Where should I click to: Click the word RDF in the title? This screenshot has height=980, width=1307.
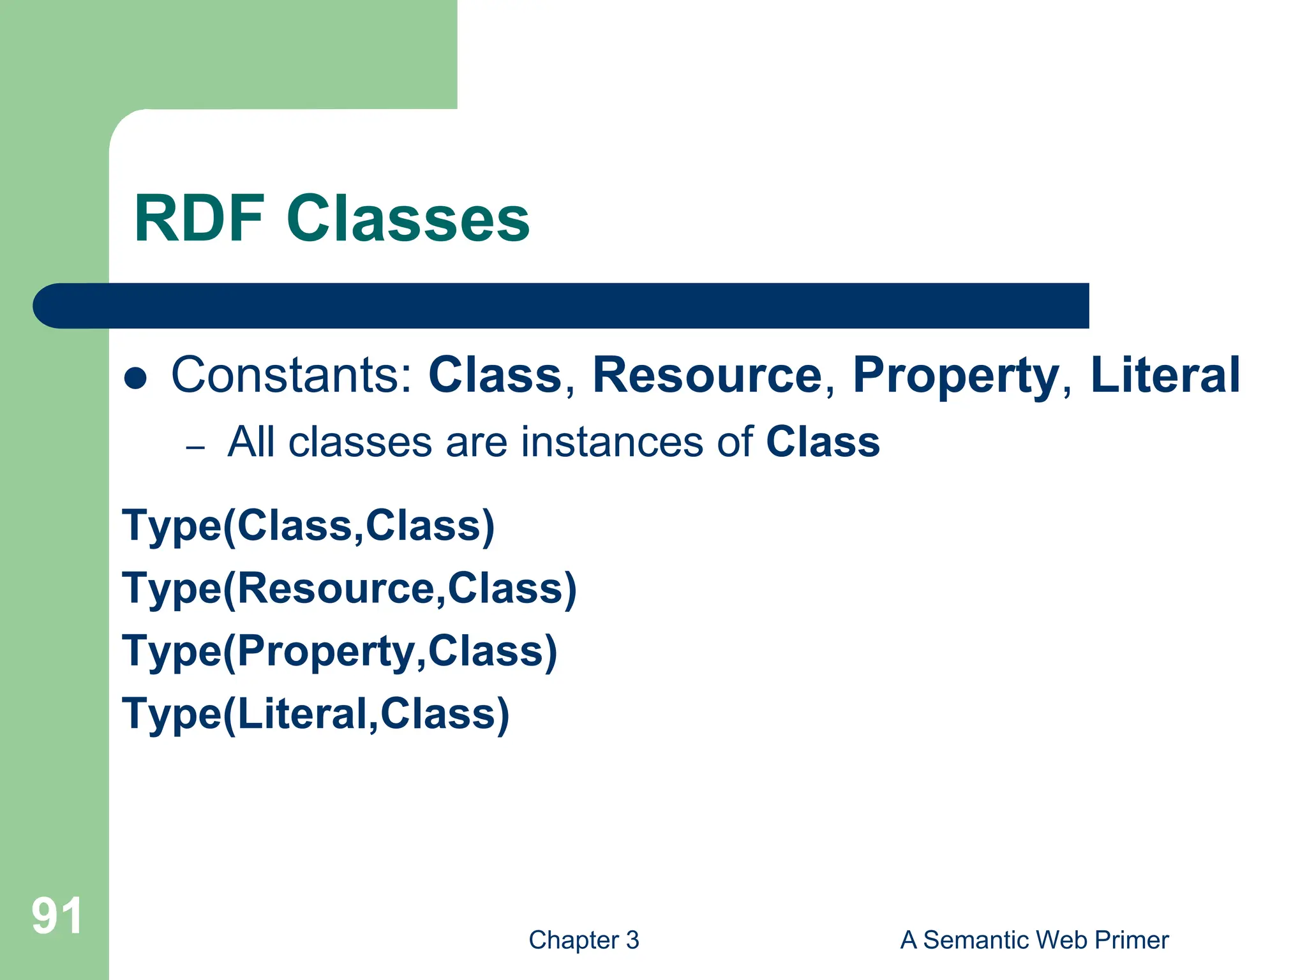[x=199, y=219]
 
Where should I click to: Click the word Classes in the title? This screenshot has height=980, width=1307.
[x=408, y=219]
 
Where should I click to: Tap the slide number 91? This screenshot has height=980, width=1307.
[x=57, y=916]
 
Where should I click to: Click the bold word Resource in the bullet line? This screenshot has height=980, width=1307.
[x=707, y=375]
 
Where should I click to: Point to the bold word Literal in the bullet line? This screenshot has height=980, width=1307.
[x=1165, y=375]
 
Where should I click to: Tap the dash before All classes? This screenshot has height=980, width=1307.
[x=195, y=447]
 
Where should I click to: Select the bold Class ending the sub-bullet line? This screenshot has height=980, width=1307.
[x=822, y=442]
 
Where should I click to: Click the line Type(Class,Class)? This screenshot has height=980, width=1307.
[x=308, y=526]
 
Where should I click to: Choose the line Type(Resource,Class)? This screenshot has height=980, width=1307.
[x=349, y=588]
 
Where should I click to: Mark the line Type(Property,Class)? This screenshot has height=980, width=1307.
[x=340, y=651]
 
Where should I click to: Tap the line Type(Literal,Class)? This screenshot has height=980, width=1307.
[x=316, y=713]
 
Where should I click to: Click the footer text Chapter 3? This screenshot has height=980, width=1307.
[x=583, y=940]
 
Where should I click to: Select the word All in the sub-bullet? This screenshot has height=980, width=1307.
[x=253, y=442]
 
